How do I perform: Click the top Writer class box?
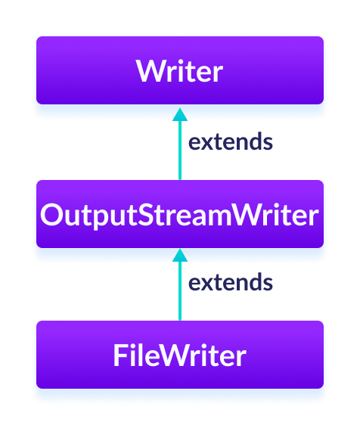coord(180,72)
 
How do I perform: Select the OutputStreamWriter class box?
coord(180,216)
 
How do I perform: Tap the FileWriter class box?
coord(180,355)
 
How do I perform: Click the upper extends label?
coord(230,141)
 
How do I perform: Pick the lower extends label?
coord(230,283)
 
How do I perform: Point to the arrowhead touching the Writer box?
coord(180,113)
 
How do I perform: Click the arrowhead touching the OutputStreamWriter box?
coord(180,256)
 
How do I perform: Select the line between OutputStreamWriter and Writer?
coord(180,151)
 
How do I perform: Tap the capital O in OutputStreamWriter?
coord(51,216)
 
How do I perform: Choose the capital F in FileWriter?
coord(119,355)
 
